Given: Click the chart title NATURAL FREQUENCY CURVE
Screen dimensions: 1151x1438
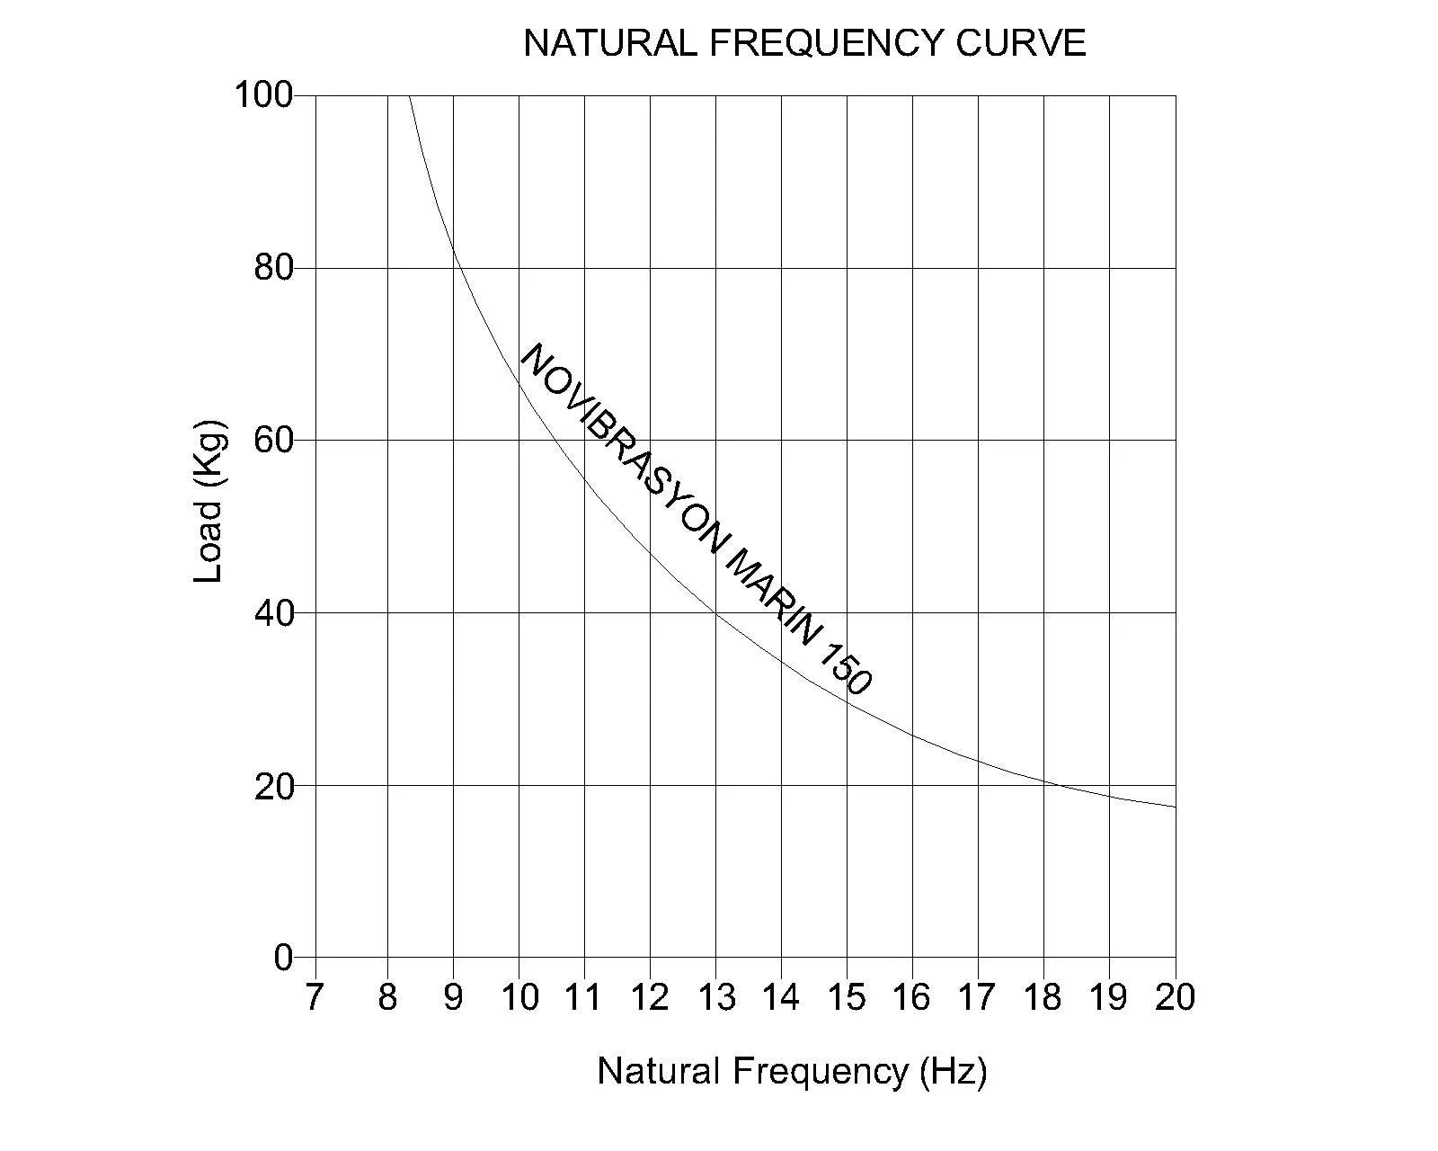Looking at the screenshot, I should pyautogui.click(x=804, y=43).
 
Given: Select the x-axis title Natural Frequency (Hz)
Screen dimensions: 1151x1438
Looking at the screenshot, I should pyautogui.click(x=792, y=1071).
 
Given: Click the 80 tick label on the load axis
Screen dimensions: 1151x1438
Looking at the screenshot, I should pyautogui.click(x=273, y=268).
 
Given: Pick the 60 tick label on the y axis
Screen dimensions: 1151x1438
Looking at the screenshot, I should pyautogui.click(x=273, y=441).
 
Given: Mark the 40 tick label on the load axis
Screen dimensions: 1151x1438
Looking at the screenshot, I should pyautogui.click(x=273, y=613).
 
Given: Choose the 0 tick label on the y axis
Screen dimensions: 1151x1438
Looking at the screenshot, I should pyautogui.click(x=283, y=958).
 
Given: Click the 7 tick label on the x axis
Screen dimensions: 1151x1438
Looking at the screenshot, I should pyautogui.click(x=314, y=997).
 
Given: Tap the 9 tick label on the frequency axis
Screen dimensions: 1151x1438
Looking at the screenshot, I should pyautogui.click(x=453, y=997).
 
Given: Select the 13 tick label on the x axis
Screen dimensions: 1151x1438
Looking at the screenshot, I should pyautogui.click(x=716, y=997).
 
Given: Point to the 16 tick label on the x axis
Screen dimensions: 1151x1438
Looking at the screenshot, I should pyautogui.click(x=912, y=997).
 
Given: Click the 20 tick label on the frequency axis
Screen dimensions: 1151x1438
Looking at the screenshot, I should pyautogui.click(x=1175, y=997).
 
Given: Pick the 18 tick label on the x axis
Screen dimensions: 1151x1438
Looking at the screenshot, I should pyautogui.click(x=1043, y=997).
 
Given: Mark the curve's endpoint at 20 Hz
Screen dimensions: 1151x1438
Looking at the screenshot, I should pyautogui.click(x=1175, y=807).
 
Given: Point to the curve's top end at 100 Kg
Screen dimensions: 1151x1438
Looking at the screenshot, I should pyautogui.click(x=410, y=95).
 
